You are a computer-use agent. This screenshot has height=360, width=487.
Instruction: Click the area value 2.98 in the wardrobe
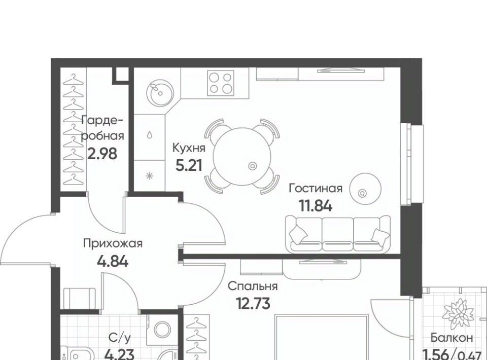(x=102, y=153)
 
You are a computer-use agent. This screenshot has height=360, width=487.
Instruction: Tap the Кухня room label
(x=189, y=148)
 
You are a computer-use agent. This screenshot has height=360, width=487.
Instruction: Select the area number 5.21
(x=189, y=165)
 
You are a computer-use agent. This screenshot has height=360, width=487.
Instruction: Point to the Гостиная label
(x=316, y=188)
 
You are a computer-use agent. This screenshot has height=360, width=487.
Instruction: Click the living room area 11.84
(x=316, y=205)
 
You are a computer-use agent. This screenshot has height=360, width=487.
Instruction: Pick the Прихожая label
(x=113, y=243)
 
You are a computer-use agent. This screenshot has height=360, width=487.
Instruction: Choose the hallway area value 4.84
(x=113, y=261)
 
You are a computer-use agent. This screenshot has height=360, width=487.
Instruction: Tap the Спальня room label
(x=253, y=286)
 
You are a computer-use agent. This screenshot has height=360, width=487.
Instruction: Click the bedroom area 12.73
(x=253, y=303)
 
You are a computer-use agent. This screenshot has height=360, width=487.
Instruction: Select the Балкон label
(x=451, y=337)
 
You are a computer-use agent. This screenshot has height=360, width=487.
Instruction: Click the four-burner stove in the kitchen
(x=221, y=83)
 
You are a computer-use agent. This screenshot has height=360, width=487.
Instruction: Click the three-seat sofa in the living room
(x=338, y=235)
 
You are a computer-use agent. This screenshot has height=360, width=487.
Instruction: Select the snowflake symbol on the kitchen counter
(x=150, y=176)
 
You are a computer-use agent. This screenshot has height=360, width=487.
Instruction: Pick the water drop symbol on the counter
(x=150, y=135)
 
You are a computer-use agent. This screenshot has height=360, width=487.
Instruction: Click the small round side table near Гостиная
(x=365, y=189)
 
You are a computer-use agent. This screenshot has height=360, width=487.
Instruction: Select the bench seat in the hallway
(x=80, y=298)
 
